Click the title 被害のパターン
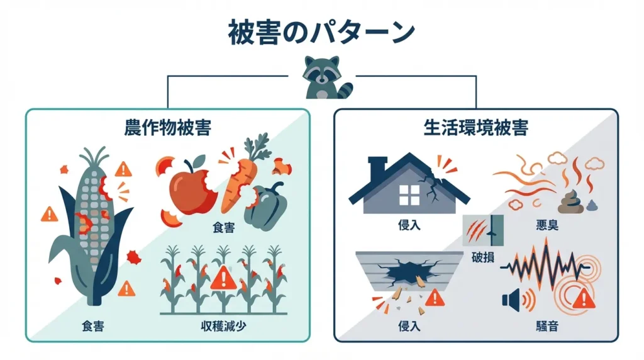(321, 32)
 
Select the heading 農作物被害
(168, 128)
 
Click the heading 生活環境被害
(475, 128)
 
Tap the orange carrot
(239, 179)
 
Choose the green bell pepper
(265, 205)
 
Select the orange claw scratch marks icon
(475, 231)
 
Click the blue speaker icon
(511, 300)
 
